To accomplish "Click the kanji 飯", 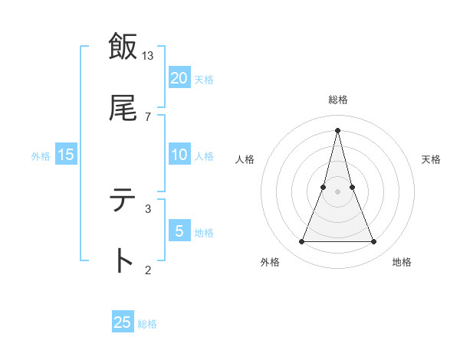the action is [x=123, y=47].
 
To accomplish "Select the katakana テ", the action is [x=123, y=201].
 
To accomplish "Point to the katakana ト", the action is [x=123, y=261].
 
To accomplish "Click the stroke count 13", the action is [x=148, y=56].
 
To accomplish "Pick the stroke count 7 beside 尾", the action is [x=148, y=116].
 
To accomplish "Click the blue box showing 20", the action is [x=179, y=78].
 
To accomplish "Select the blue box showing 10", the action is [x=179, y=155].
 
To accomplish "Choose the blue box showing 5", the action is [x=179, y=231].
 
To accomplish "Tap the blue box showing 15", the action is [x=66, y=155].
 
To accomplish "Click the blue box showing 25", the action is [x=123, y=322].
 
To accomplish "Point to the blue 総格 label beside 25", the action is [x=147, y=324].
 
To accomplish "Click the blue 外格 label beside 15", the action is [x=41, y=156].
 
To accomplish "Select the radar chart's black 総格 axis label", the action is [x=338, y=100].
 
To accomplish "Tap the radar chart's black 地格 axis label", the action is [x=402, y=263].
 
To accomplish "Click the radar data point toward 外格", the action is [x=302, y=242].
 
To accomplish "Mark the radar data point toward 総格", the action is [x=338, y=129].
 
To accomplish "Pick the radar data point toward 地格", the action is [x=374, y=242].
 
